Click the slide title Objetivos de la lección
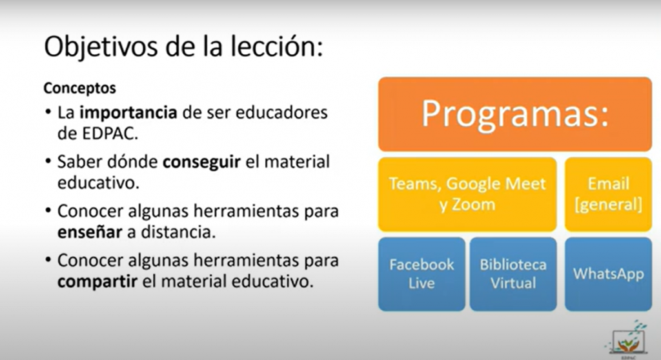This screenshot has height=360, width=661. (x=183, y=47)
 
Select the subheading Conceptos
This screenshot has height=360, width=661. (x=79, y=88)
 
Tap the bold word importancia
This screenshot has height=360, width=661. (x=128, y=112)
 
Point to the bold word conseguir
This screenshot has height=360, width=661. (x=201, y=163)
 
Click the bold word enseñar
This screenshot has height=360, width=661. (x=90, y=232)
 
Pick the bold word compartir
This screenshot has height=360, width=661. (x=97, y=282)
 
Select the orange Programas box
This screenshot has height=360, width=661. (x=514, y=114)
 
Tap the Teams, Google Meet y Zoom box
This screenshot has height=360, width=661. (x=467, y=194)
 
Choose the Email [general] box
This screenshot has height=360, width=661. (x=608, y=194)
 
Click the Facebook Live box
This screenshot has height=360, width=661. (x=422, y=274)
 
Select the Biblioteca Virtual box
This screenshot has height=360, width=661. (x=513, y=274)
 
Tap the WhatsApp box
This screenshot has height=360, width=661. (x=608, y=274)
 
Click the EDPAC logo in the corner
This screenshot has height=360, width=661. (x=627, y=340)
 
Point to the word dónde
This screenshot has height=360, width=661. (x=132, y=161)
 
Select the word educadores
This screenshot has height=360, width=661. (x=281, y=112)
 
